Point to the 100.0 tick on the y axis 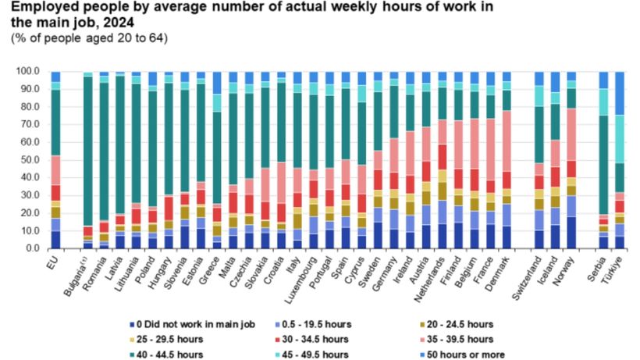pyautogui.click(x=27, y=71)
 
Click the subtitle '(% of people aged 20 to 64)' pyautogui.click(x=89, y=37)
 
